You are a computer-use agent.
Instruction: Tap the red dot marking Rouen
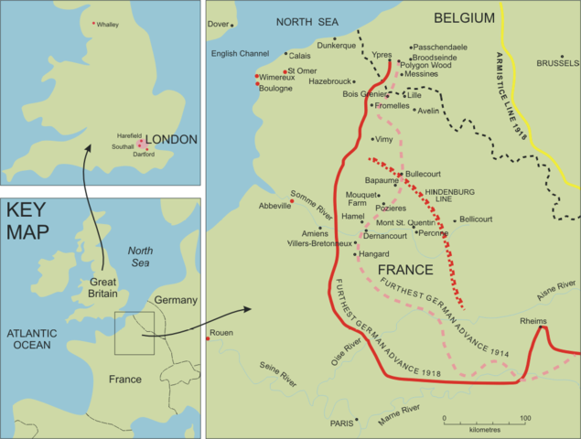pos(210,339)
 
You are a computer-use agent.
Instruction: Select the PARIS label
pos(342,423)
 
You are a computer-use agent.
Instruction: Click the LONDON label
pos(172,139)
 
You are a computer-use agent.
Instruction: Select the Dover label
pos(220,25)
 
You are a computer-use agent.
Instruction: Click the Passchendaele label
pos(440,47)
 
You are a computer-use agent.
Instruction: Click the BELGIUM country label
pos(464,17)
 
